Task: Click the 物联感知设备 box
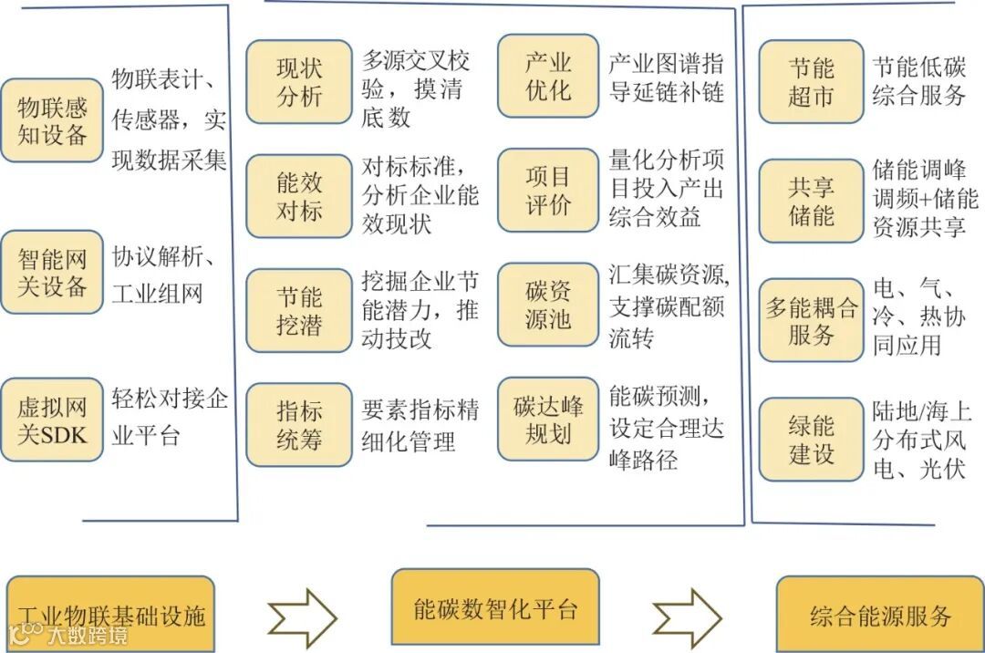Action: [52, 120]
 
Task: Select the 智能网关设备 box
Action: [52, 272]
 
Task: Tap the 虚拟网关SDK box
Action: [52, 420]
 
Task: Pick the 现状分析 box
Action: [299, 81]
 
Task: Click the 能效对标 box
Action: [299, 196]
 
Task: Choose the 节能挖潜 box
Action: [299, 311]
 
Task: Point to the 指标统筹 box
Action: [299, 425]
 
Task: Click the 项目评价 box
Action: [548, 190]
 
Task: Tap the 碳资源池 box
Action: [548, 305]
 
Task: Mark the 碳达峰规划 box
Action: [548, 419]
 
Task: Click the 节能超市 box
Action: [811, 81]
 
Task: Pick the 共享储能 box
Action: [811, 201]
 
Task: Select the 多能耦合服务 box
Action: [811, 321]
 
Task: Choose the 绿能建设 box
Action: [811, 439]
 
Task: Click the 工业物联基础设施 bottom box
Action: [110, 614]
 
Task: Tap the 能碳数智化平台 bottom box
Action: [495, 607]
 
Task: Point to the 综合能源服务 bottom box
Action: [880, 614]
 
